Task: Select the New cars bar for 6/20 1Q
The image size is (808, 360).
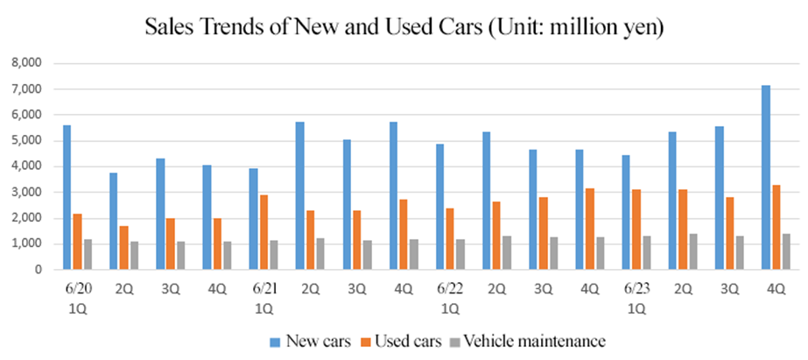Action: (x=67, y=198)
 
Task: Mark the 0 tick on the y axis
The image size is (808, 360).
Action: (x=37, y=271)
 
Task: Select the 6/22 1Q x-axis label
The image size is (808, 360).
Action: (x=450, y=298)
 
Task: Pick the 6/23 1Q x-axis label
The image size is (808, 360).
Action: (x=636, y=298)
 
